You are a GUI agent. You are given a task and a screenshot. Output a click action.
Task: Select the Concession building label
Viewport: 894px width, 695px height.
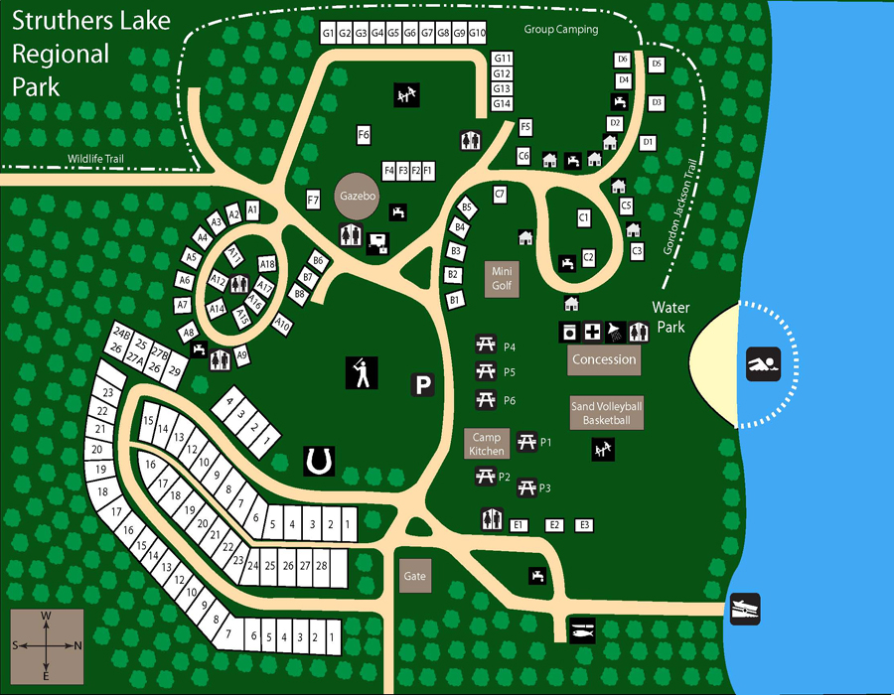604,359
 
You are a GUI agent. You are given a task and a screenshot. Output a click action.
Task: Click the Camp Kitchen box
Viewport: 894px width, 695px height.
488,444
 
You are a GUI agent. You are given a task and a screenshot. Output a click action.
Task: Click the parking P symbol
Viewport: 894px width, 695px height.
424,385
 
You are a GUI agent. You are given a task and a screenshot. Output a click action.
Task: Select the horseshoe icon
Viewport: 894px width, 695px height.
319,460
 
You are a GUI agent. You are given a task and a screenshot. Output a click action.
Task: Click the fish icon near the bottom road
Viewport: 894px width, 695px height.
582,629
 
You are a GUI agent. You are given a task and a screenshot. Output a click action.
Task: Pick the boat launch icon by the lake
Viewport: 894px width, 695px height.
745,608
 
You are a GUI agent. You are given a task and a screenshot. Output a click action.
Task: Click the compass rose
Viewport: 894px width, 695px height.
46,645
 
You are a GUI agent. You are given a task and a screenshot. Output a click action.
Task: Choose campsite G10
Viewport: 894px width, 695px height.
476,34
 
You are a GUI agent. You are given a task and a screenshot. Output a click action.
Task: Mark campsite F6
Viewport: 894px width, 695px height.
364,134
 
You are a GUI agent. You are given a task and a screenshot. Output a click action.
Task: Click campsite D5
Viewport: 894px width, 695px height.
656,64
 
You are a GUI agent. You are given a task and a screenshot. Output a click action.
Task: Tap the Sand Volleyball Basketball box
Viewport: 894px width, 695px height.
607,413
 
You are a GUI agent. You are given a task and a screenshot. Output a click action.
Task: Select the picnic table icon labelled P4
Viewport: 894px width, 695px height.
486,346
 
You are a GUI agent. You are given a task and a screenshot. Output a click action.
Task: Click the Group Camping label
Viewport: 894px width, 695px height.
561,30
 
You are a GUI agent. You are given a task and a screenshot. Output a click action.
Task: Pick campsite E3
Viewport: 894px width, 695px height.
585,524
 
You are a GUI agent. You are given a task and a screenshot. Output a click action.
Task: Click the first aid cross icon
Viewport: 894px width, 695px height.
593,331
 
